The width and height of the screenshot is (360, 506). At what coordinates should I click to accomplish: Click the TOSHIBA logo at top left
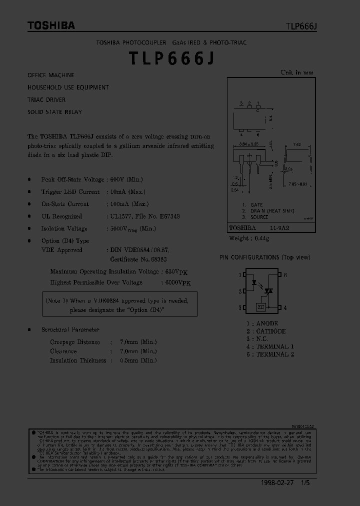point(51,25)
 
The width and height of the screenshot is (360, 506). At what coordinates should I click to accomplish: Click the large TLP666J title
point(172,58)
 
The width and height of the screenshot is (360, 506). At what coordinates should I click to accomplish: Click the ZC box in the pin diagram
point(260,307)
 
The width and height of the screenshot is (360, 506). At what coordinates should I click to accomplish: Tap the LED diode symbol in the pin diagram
point(254,283)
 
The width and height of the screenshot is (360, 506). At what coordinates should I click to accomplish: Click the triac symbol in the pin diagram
point(268,290)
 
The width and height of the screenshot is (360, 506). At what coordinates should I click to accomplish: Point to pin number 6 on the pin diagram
point(285,275)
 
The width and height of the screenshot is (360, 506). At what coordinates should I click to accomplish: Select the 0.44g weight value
point(262,238)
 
